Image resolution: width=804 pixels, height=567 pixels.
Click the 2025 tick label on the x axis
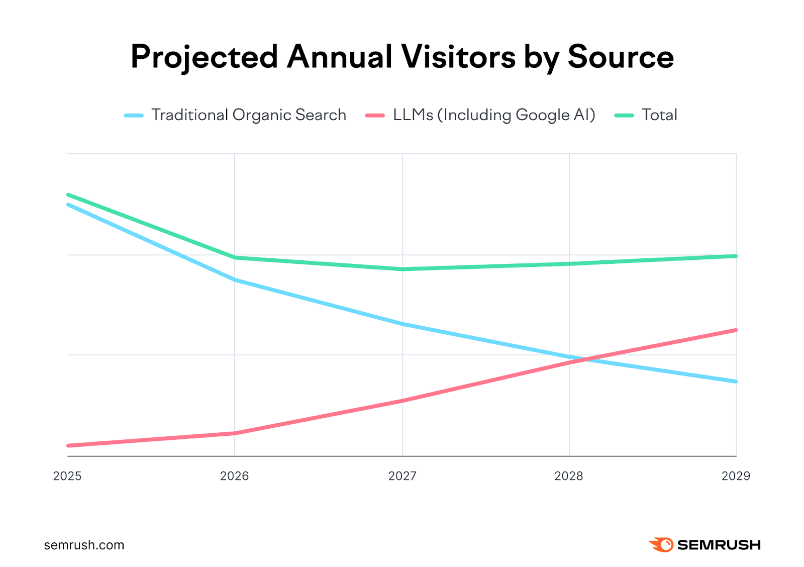coord(67,476)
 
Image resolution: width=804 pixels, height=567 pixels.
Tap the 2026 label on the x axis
coord(234,476)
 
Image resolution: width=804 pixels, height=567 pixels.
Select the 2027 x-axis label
coord(402,476)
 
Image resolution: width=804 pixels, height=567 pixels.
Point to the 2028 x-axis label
coord(569,476)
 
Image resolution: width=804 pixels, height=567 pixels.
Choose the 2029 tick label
coord(736,476)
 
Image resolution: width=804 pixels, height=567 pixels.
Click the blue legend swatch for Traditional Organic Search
coord(134,116)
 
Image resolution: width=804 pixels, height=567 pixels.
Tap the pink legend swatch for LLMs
coord(375,116)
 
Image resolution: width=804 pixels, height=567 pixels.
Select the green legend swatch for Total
coord(624,116)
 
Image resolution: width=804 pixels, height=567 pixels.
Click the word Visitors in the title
coord(458,57)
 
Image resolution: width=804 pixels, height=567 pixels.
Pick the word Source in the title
coord(621,57)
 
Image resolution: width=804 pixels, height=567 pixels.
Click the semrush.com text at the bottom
coord(84,545)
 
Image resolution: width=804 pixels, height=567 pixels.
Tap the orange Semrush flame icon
coord(661,545)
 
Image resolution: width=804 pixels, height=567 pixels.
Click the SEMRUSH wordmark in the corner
coord(719,545)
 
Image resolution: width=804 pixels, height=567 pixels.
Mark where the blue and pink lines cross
coord(583,360)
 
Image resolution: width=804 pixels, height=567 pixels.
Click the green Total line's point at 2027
coord(402,269)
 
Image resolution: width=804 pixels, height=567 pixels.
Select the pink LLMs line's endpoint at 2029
coord(736,330)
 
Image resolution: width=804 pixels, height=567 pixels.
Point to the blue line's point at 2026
coord(235,279)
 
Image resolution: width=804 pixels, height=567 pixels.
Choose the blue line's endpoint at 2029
coord(736,382)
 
